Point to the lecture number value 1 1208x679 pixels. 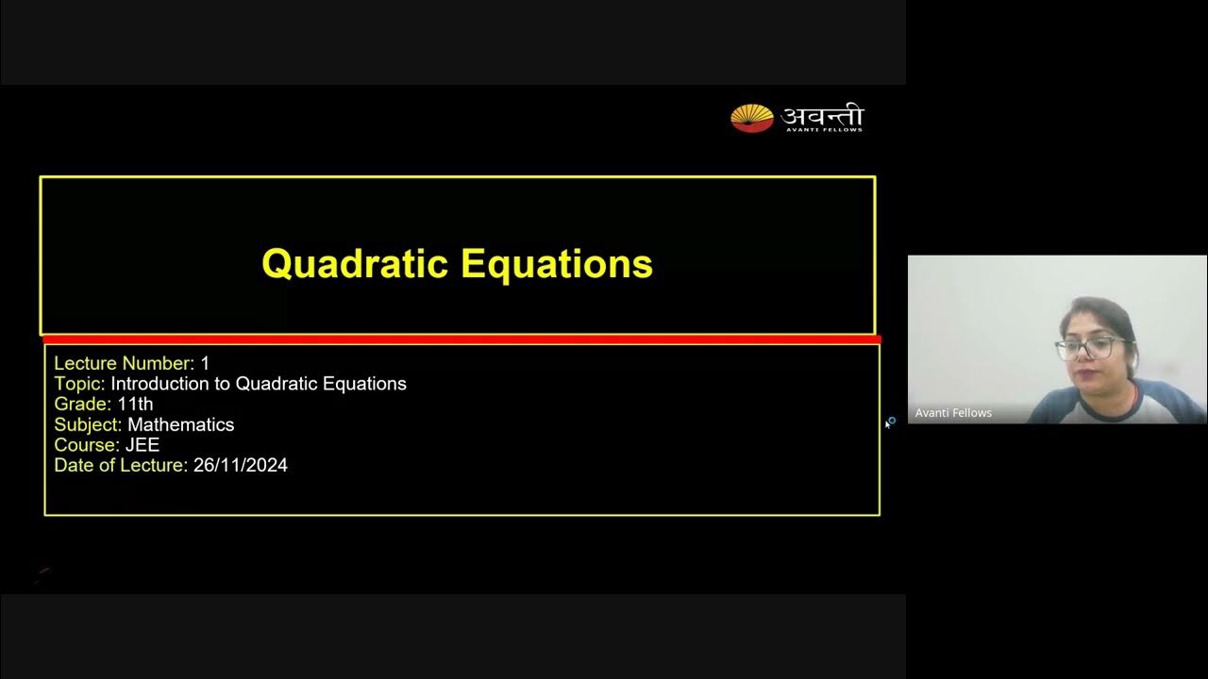[x=205, y=363]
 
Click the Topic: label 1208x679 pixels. [x=79, y=384]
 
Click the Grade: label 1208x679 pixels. [x=82, y=404]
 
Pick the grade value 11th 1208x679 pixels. [x=135, y=404]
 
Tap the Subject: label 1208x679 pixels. [x=88, y=424]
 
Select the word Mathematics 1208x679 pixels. [x=181, y=424]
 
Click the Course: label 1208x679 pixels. [x=87, y=445]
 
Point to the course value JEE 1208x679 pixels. [x=143, y=445]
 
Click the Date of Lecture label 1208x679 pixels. [x=121, y=465]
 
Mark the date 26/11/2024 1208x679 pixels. [x=241, y=465]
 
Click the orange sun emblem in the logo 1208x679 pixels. [x=751, y=118]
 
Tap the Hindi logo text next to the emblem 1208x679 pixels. [x=822, y=115]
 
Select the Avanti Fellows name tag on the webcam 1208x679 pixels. [x=953, y=413]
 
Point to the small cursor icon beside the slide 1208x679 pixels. [x=889, y=422]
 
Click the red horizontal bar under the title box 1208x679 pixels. [x=461, y=339]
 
